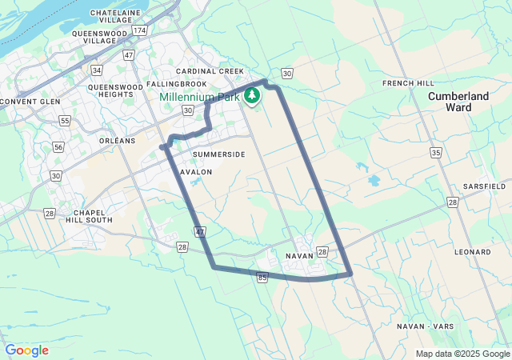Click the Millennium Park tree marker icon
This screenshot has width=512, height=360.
click(x=252, y=96)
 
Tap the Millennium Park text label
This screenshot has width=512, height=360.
click(x=199, y=97)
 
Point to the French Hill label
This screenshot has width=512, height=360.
click(x=408, y=83)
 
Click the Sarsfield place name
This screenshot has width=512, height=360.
click(x=484, y=186)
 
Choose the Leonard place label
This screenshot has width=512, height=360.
click(x=472, y=252)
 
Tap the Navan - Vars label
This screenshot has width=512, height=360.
click(x=426, y=326)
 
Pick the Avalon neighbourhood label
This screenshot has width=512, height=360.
click(x=196, y=172)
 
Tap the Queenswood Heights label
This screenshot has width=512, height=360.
click(x=111, y=90)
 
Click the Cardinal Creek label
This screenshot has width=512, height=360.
click(x=210, y=71)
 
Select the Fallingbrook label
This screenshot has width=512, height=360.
click(x=177, y=84)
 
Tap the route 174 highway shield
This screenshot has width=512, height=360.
click(x=140, y=30)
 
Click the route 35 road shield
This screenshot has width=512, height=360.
click(x=435, y=152)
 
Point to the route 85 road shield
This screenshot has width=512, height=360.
click(x=262, y=277)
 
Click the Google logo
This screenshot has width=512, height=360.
click(x=26, y=350)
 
